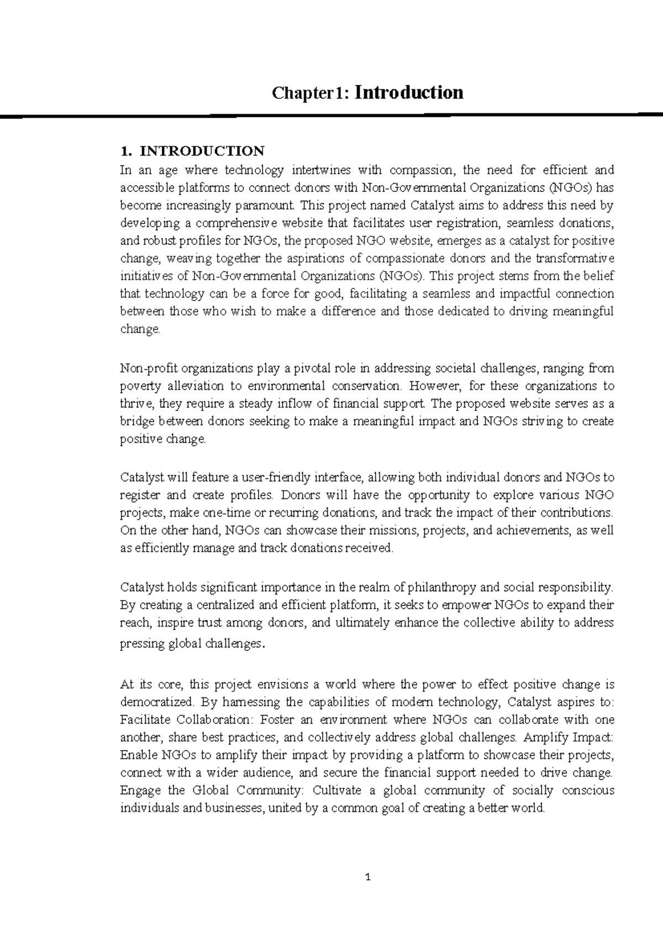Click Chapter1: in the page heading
pyautogui.click(x=311, y=93)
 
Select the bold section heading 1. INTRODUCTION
pyautogui.click(x=192, y=151)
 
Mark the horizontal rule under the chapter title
pyautogui.click(x=331, y=114)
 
